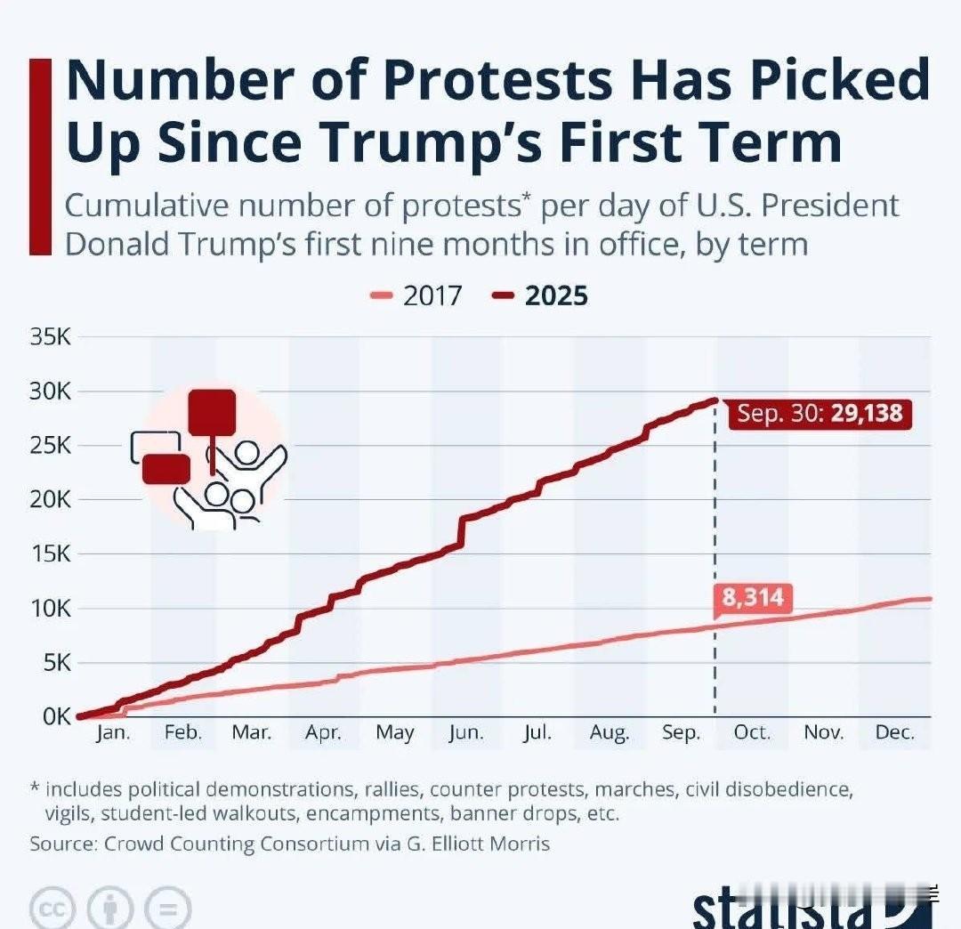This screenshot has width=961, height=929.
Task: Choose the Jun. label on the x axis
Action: pyautogui.click(x=466, y=732)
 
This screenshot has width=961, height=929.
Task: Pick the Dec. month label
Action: pyautogui.click(x=895, y=732)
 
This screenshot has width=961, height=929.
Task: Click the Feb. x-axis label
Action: pyautogui.click(x=184, y=732)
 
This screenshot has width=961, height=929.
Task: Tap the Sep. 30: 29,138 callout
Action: pyautogui.click(x=819, y=414)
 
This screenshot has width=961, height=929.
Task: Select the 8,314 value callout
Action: pyautogui.click(x=752, y=597)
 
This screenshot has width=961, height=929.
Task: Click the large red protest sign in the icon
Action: pyautogui.click(x=212, y=413)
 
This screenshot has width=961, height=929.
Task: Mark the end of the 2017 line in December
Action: pyautogui.click(x=929, y=598)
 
